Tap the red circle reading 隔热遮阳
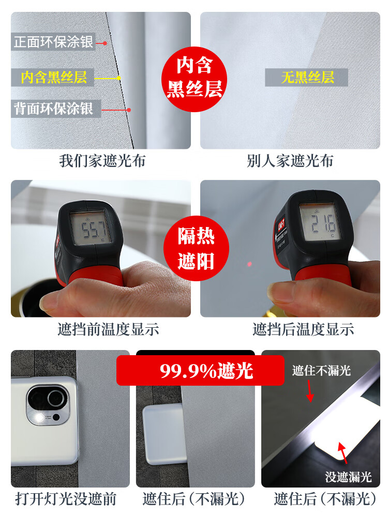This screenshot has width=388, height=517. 195,249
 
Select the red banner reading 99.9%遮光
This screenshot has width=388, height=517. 200,370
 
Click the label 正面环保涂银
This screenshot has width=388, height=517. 54,41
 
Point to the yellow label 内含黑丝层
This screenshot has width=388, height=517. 54,78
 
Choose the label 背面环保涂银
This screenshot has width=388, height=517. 54,109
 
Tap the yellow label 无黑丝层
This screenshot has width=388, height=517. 307,78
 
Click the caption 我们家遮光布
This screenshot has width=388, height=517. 102,161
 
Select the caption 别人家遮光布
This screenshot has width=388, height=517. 290,161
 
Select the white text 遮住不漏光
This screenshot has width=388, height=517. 321,370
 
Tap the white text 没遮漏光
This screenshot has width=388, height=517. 348,477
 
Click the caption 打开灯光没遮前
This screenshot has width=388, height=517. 66,499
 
